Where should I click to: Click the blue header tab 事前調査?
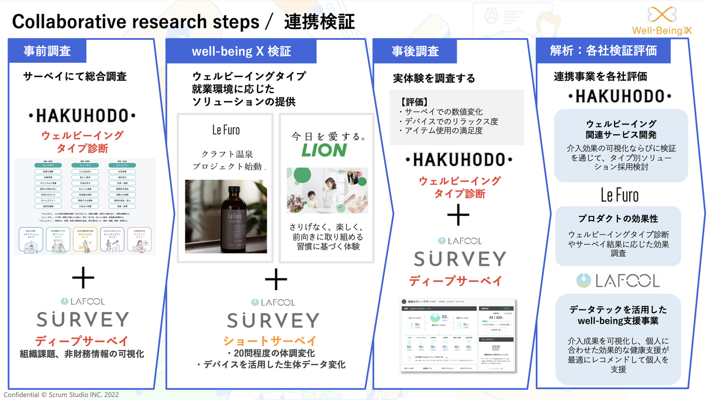point(47,51)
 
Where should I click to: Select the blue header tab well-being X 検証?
point(241,51)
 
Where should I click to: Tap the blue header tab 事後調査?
point(415,51)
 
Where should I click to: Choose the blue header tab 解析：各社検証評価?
point(603,51)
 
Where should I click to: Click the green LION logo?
point(324,150)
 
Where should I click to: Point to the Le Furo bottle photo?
point(226,216)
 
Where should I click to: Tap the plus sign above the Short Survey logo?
point(276,280)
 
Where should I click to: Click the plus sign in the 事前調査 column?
point(83,279)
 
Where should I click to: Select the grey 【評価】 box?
point(457,117)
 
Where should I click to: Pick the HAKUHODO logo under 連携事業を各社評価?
point(619,96)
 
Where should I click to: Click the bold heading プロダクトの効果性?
point(618,219)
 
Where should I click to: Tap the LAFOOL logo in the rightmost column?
point(618,280)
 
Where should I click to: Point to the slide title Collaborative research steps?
point(135,22)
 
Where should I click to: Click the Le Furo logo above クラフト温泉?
point(226,130)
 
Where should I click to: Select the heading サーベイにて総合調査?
point(75,76)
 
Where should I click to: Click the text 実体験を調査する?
point(434,78)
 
